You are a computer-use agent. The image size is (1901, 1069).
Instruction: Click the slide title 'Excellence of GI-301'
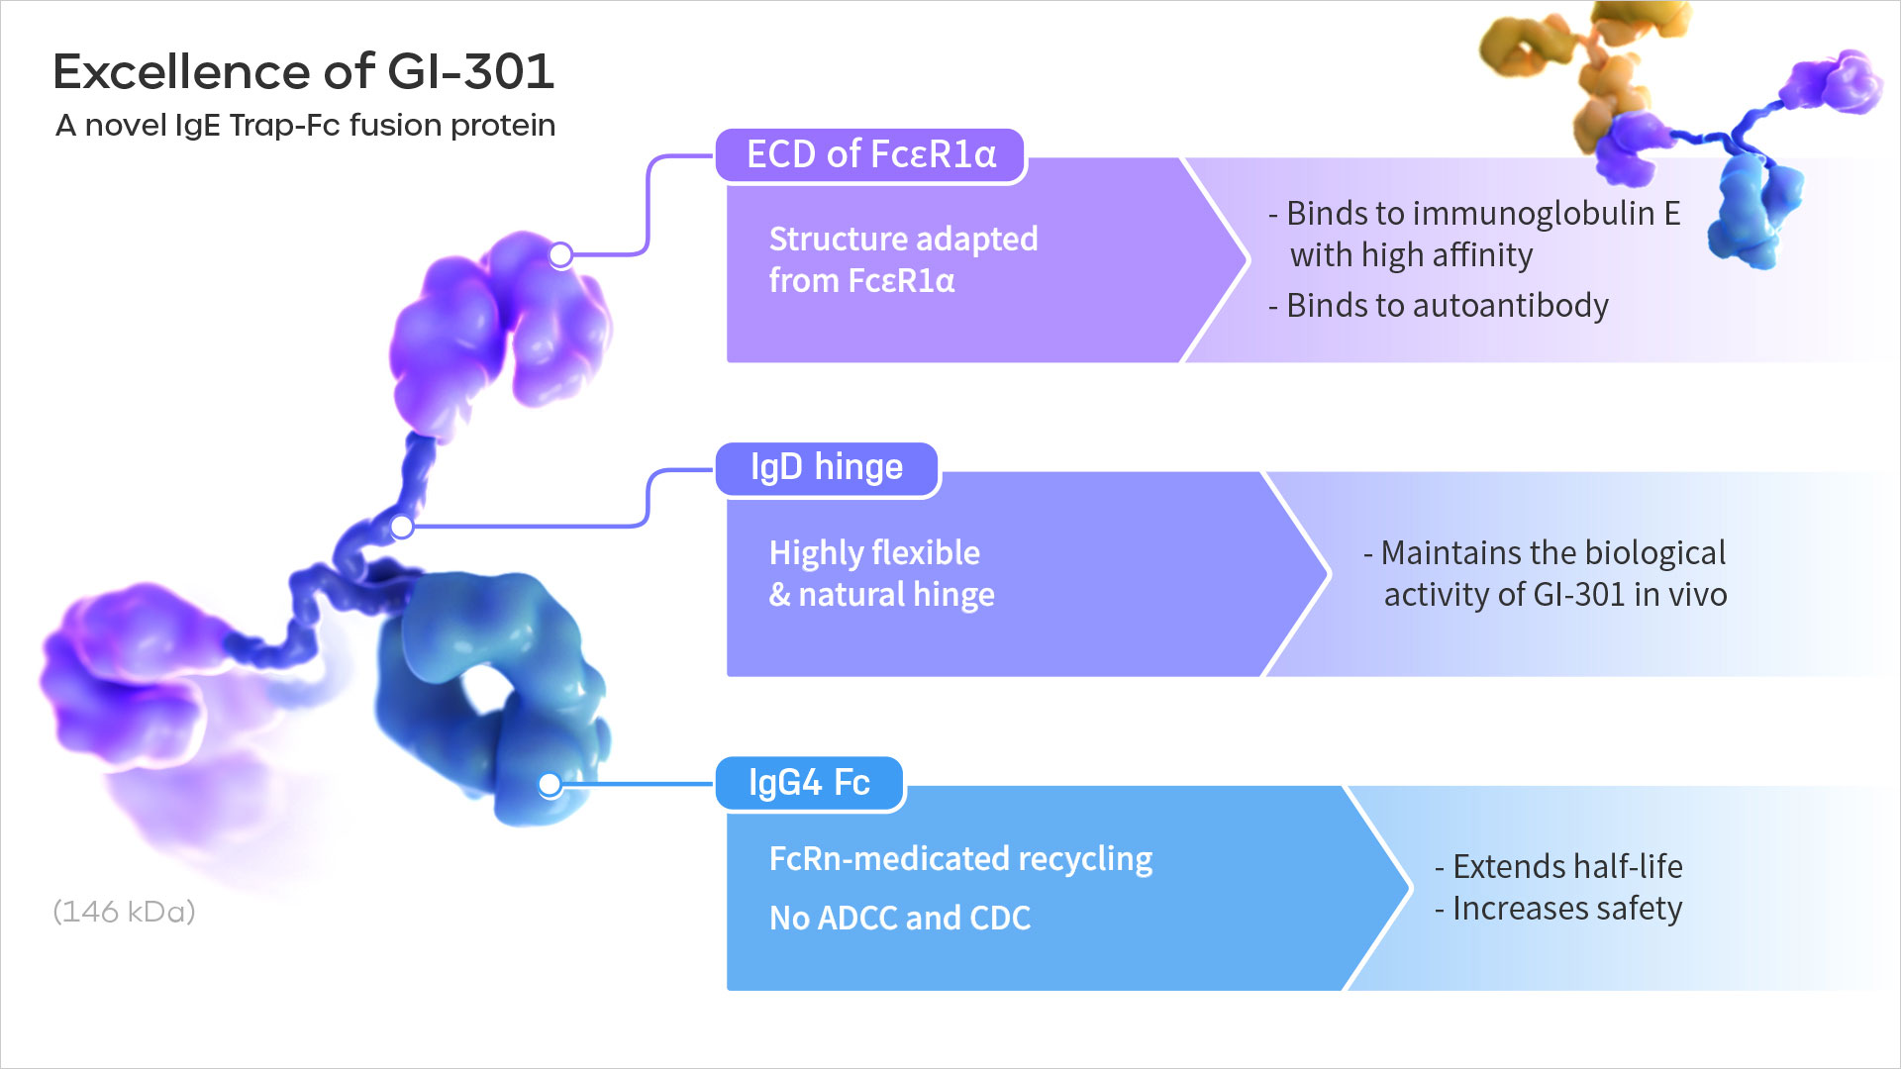pos(303,71)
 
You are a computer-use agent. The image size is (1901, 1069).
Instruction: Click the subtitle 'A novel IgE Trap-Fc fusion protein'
pos(305,126)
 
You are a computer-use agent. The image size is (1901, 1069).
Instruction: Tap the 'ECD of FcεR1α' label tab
pos(870,155)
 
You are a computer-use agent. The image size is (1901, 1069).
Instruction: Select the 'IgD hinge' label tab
pos(827,468)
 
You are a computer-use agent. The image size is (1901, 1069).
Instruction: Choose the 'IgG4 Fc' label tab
pos(809,783)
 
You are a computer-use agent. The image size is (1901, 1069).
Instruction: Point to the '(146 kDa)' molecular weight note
pos(124,911)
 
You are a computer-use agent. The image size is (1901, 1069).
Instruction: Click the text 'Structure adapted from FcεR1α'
pos(903,259)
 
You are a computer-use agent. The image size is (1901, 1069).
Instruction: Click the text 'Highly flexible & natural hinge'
pos(881,573)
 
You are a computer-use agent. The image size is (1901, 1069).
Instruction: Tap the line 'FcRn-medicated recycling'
pos(960,859)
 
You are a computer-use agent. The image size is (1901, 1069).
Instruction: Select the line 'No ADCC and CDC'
pos(899,919)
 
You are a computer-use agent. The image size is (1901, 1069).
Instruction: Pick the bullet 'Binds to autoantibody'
pos(1438,306)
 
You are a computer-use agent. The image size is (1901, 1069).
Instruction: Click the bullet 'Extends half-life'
pos(1558,867)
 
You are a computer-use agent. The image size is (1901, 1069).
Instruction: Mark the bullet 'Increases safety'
pos(1558,909)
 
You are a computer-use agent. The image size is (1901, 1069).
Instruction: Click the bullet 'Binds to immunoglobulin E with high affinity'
pos(1474,235)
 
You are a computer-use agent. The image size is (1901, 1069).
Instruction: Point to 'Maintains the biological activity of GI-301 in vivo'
pos(1545,573)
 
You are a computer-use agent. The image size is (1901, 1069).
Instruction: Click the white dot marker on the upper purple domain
pos(560,254)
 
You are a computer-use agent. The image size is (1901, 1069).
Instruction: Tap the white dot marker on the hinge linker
pos(401,526)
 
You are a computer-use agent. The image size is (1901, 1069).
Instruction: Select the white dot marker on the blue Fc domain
pos(550,785)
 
